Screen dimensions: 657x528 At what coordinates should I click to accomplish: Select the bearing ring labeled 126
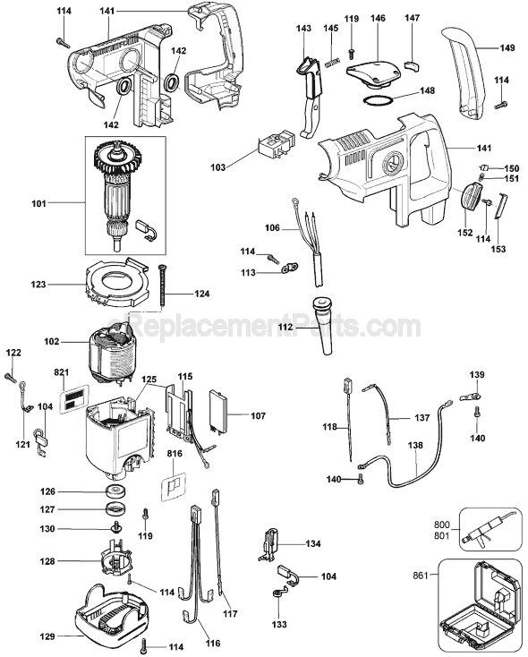tap(115, 491)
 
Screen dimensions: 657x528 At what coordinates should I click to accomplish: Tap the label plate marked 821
tap(75, 394)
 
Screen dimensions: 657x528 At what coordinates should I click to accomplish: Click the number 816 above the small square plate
tap(175, 456)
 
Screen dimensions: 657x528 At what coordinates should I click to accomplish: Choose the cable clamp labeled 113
tap(287, 267)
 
